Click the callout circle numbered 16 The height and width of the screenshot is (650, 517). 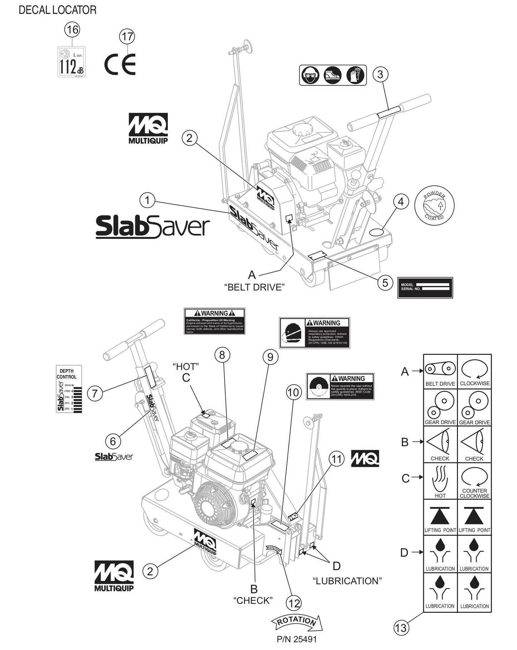[72, 29]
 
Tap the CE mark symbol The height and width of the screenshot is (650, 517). [120, 64]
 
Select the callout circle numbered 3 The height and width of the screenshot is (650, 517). [380, 74]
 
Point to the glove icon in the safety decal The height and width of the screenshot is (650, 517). [355, 75]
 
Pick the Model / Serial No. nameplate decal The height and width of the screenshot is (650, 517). [425, 287]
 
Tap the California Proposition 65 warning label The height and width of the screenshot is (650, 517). [214, 321]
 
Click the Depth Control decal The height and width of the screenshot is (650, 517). [69, 389]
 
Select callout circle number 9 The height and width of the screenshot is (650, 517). [270, 357]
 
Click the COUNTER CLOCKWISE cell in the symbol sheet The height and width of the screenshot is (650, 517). [474, 481]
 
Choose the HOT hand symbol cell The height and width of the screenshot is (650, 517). [440, 481]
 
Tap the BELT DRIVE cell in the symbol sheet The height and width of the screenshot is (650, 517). [440, 371]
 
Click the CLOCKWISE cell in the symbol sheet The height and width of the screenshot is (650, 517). [474, 371]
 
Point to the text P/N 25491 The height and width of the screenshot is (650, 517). [297, 639]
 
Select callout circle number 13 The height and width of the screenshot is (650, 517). [401, 637]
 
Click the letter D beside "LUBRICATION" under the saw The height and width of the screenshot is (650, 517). [336, 566]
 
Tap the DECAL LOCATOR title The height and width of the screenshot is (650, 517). [57, 10]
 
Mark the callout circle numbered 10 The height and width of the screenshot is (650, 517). [293, 393]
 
